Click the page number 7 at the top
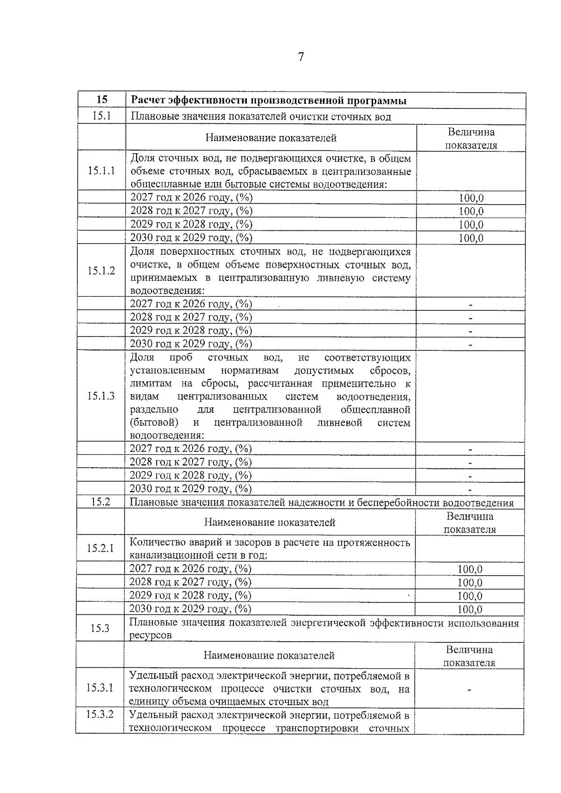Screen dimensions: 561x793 (301, 57)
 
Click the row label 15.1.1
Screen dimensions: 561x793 (101, 171)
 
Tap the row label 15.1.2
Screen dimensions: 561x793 (101, 271)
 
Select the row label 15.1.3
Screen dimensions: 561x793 (101, 396)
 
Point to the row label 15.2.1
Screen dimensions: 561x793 (100, 548)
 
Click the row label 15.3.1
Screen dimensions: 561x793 (100, 688)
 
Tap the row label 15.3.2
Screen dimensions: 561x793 (100, 714)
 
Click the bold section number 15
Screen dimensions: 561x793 (102, 100)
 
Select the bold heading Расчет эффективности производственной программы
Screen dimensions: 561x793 (268, 100)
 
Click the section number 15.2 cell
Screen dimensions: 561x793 (101, 502)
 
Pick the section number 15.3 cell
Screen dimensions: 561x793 (100, 628)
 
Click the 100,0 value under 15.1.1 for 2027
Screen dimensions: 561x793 (471, 198)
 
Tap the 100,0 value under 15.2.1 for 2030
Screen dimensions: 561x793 (470, 609)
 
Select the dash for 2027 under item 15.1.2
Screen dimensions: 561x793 (471, 305)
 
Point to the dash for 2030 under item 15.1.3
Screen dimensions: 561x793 (470, 490)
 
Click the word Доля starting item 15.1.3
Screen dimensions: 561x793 (142, 357)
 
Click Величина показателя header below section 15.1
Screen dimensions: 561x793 (471, 138)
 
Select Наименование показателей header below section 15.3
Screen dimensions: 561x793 (269, 655)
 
